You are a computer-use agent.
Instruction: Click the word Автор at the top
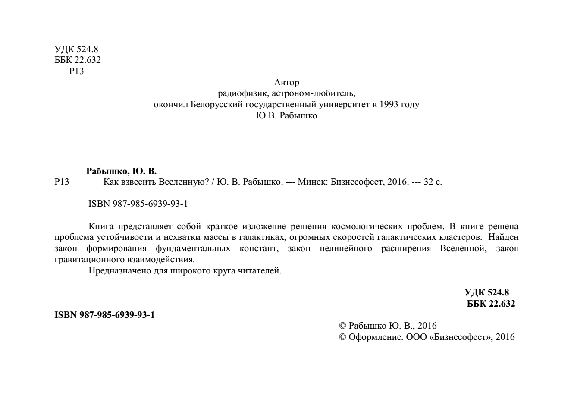[286, 82]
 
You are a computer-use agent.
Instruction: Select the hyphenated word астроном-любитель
[321, 93]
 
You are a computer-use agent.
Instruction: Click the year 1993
[389, 105]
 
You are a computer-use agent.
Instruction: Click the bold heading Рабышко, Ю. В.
[122, 171]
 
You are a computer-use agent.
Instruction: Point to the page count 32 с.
[433, 182]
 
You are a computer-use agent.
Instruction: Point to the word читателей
[263, 271]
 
